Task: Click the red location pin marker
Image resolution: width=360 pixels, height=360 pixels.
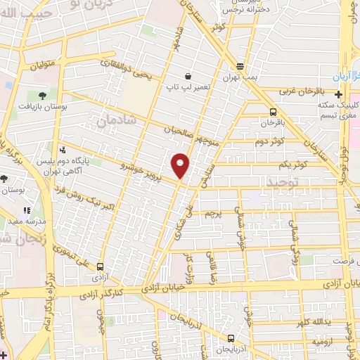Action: [181, 165]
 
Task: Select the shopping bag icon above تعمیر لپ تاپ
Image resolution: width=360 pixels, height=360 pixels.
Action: [188, 75]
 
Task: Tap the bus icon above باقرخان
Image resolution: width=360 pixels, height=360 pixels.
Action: [273, 111]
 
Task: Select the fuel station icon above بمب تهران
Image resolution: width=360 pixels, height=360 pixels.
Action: [241, 66]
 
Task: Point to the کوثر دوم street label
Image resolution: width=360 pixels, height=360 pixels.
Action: [269, 141]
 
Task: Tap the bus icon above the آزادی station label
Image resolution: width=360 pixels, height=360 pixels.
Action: [100, 266]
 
